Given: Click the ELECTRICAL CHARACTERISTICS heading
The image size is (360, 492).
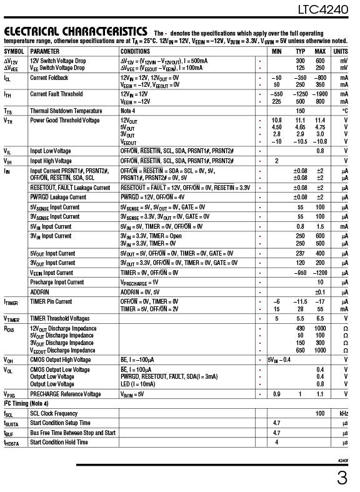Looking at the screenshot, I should point(75,31).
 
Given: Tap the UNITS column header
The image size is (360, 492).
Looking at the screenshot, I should point(341,51).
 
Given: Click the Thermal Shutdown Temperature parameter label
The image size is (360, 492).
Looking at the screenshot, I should point(66,111).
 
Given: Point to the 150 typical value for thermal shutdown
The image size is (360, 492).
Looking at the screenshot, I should point(301,111).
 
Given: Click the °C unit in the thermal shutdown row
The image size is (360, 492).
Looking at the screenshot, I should point(344,111).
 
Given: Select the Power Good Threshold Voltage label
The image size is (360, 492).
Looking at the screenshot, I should point(64,120).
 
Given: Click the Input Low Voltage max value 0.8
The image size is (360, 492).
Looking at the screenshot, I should point(320,151).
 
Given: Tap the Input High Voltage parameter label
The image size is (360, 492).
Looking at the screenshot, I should point(51,161).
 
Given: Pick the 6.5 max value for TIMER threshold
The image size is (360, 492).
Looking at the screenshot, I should point(320,318).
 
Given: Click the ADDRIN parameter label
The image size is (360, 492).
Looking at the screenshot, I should point(39,291).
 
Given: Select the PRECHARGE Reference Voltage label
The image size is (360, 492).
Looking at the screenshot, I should point(65,394).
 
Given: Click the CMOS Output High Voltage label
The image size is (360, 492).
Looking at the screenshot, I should point(60,359).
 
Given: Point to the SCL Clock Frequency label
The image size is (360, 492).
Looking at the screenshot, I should point(54,413).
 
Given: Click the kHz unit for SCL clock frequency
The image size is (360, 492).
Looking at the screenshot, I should point(344,413).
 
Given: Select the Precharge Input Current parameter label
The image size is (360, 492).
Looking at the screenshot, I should point(56,282).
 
